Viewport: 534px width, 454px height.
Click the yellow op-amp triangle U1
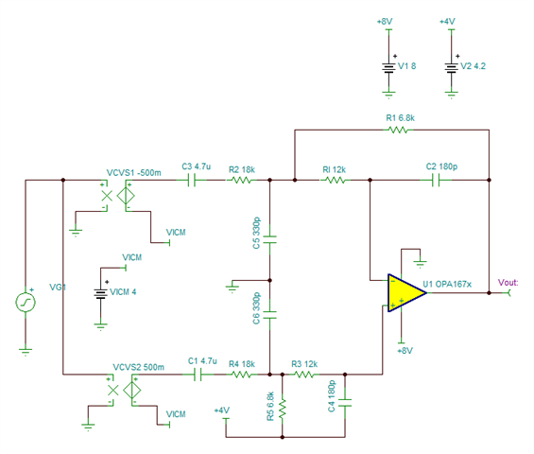point(406,292)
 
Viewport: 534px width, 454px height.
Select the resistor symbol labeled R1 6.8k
point(398,130)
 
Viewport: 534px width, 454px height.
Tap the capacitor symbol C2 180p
point(436,180)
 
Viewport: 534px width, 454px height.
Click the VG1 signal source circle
point(26,303)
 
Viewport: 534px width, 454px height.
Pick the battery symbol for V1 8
point(388,68)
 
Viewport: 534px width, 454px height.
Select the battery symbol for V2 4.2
point(451,68)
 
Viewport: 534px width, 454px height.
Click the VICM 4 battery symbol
point(100,294)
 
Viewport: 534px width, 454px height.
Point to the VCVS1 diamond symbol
point(126,196)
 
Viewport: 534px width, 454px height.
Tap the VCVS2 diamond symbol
point(131,391)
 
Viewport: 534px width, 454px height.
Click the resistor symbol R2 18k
point(241,180)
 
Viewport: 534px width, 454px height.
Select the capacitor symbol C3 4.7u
point(192,180)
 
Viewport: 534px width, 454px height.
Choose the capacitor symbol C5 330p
point(269,239)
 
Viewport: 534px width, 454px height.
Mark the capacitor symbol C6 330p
point(269,315)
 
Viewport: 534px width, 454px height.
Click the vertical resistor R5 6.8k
point(283,409)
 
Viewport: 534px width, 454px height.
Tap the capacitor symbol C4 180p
point(345,403)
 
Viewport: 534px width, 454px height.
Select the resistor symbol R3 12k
point(304,375)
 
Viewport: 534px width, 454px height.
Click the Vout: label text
point(508,283)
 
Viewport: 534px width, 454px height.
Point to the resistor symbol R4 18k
point(241,375)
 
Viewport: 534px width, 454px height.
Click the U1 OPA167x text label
point(447,285)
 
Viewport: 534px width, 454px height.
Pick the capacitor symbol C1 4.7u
point(198,375)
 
